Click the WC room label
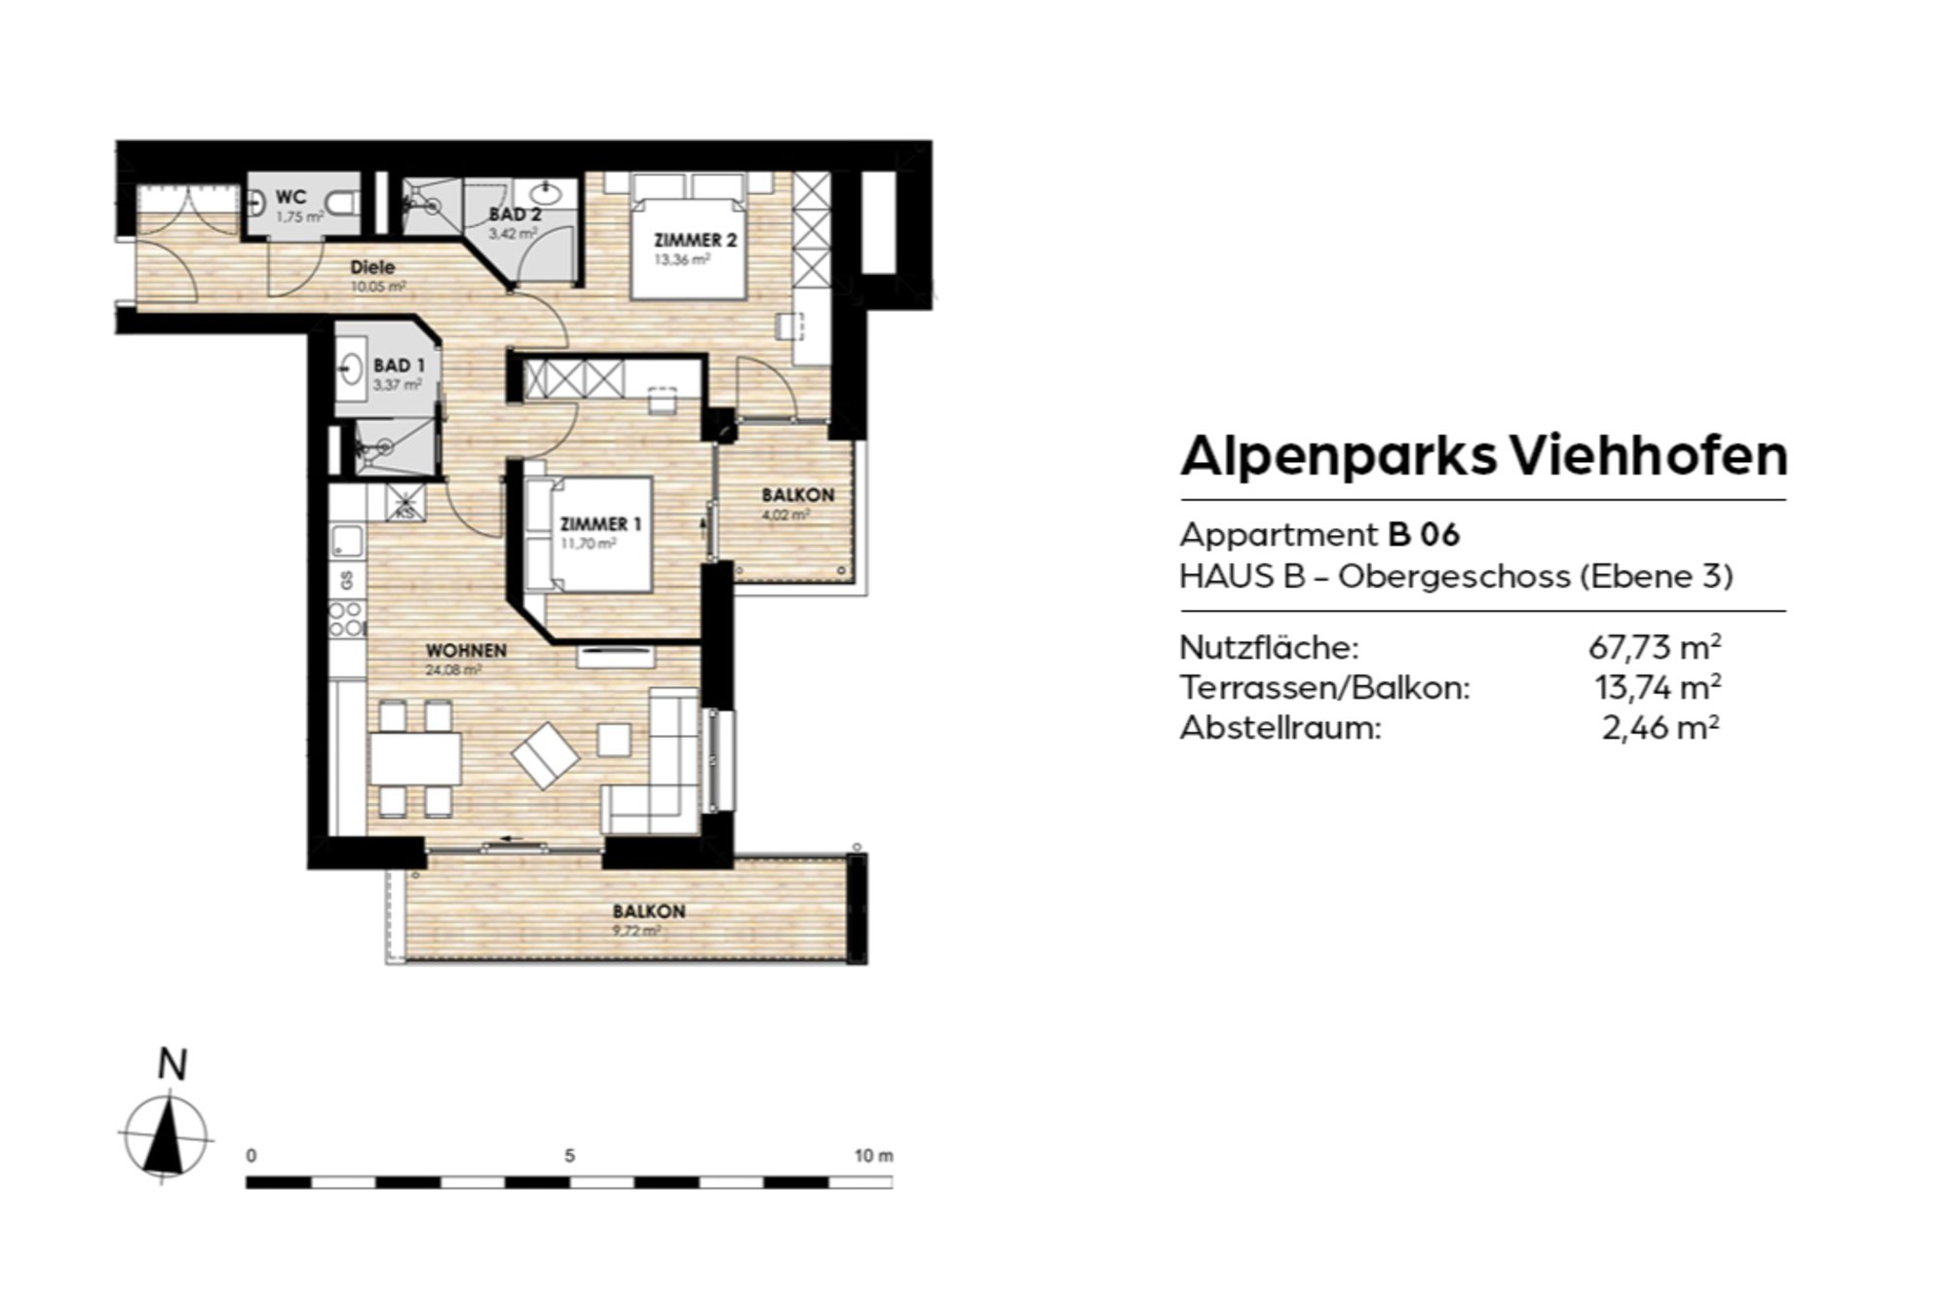click(290, 198)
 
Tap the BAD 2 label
click(515, 214)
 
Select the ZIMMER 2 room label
click(695, 241)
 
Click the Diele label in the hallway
click(372, 267)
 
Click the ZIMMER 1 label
click(600, 524)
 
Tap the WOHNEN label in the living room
click(466, 650)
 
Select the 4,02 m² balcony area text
click(785, 515)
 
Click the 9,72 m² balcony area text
click(635, 931)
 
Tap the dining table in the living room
click(415, 758)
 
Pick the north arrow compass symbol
click(166, 1135)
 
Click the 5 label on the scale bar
click(569, 1156)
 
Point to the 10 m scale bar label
click(873, 1156)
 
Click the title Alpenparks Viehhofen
click(1483, 456)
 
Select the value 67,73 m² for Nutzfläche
click(1654, 647)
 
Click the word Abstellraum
click(1280, 728)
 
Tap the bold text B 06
click(1424, 535)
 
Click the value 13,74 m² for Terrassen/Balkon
click(1657, 688)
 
